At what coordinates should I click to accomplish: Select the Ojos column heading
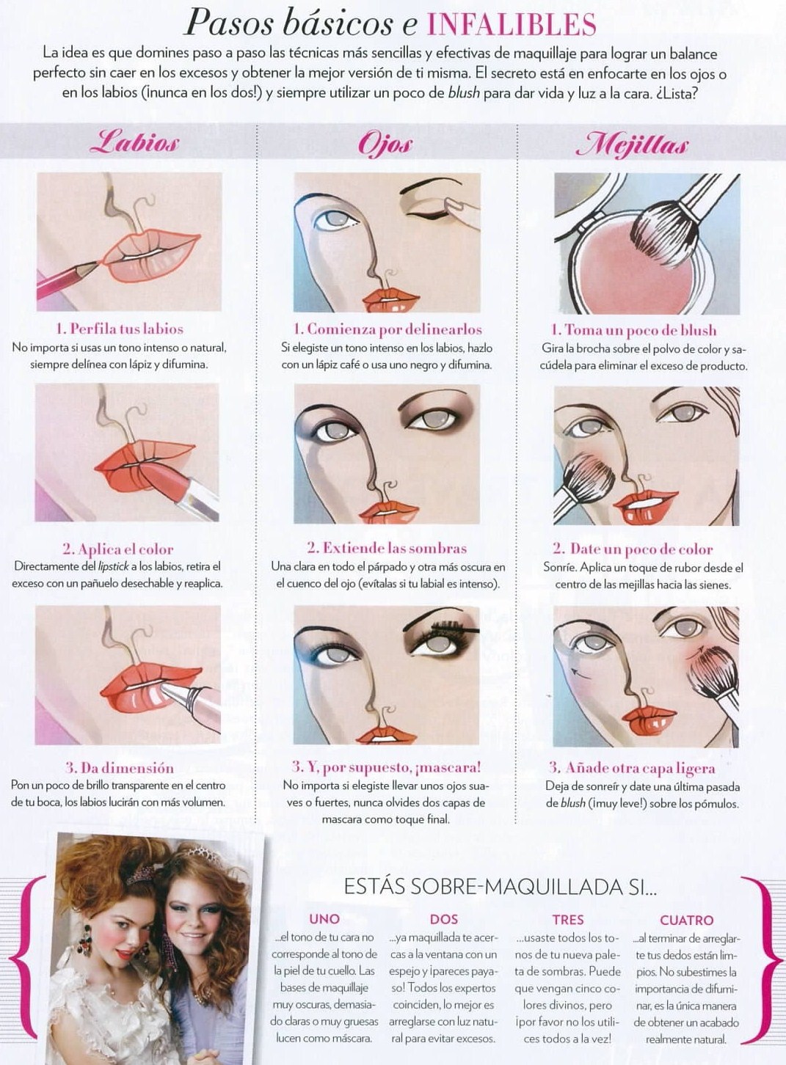tap(385, 143)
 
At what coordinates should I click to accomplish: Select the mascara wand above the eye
tap(454, 627)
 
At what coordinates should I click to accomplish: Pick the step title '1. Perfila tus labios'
tap(120, 329)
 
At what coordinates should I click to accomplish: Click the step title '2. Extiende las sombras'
tap(386, 548)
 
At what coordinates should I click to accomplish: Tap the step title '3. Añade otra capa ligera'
tap(632, 767)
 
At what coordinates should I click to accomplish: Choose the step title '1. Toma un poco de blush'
tap(633, 329)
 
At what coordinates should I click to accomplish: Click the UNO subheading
tap(324, 919)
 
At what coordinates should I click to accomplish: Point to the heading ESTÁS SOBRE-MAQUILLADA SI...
tap(500, 888)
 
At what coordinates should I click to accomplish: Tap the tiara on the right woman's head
tap(205, 856)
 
